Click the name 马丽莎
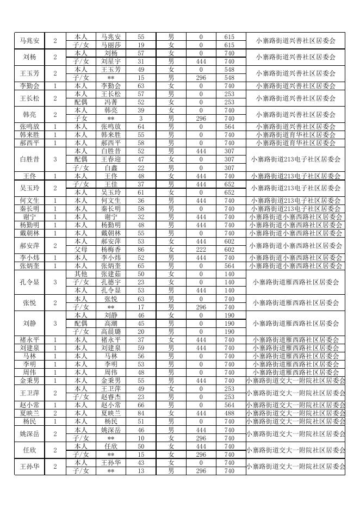click(x=111, y=45)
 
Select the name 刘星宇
click(x=111, y=61)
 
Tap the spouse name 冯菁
click(x=111, y=102)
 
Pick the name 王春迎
click(x=111, y=160)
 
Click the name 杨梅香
click(x=111, y=250)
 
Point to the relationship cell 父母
click(x=80, y=250)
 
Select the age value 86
click(x=141, y=250)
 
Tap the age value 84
click(x=141, y=413)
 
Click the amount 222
click(x=201, y=250)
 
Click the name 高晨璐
click(x=111, y=332)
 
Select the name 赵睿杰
click(x=111, y=397)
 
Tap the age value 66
click(x=141, y=405)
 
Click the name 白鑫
click(x=111, y=168)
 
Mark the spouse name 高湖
click(x=111, y=324)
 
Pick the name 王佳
click(x=111, y=184)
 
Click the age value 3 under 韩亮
click(x=141, y=119)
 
